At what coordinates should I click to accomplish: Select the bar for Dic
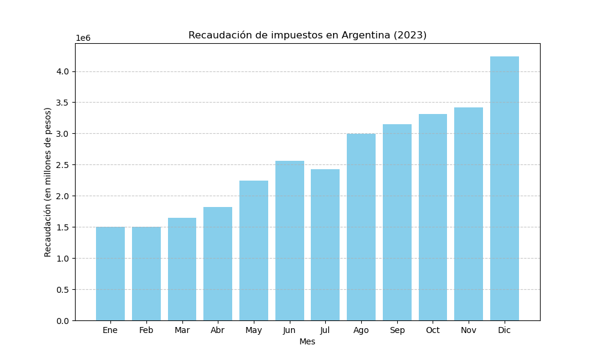[504, 188]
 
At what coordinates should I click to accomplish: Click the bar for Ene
[110, 274]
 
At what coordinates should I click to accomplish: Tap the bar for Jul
[325, 245]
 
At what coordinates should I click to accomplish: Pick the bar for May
[254, 251]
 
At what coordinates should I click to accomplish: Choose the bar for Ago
[361, 227]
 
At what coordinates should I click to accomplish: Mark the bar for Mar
[182, 269]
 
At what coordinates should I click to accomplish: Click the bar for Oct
[433, 217]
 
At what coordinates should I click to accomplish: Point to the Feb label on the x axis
[146, 331]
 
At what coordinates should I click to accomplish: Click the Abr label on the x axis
[218, 331]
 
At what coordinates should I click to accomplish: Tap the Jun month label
[289, 331]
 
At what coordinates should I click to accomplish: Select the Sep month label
[397, 331]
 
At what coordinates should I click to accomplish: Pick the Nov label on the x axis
[469, 331]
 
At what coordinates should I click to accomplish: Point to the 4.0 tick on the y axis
[62, 71]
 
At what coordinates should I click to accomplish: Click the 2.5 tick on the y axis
[62, 165]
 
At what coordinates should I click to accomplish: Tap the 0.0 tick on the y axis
[62, 320]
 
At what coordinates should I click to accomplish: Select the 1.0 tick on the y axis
[62, 259]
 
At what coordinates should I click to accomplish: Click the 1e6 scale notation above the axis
[83, 38]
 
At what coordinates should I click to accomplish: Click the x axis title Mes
[307, 342]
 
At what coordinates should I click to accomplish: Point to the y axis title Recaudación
[49, 182]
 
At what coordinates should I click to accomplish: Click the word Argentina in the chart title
[366, 35]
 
